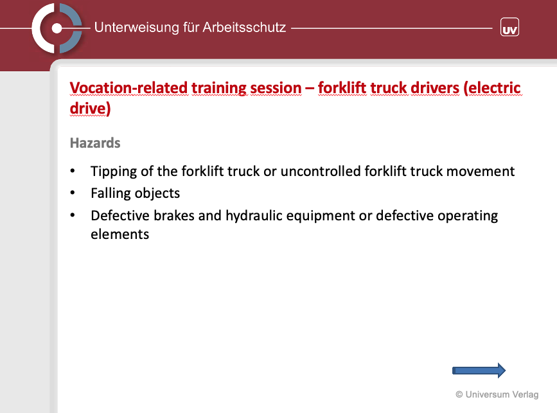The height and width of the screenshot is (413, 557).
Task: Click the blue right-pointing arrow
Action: coord(479,371)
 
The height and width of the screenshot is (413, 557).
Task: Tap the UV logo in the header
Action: coord(509,28)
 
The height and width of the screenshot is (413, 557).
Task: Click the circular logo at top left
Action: coord(57,28)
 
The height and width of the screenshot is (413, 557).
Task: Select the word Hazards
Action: coord(95,143)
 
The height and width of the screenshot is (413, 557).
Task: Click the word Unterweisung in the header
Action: coord(136,28)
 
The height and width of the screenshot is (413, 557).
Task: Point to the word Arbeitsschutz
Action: coord(244,28)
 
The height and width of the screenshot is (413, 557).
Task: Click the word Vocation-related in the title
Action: coord(128,88)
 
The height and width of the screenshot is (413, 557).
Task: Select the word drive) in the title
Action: coord(90,109)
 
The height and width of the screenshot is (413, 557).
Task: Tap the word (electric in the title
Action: coord(492,88)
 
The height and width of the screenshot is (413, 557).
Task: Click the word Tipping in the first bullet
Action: coord(114,171)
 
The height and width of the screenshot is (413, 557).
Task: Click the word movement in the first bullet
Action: coord(481,171)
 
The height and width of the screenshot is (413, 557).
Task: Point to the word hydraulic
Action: coord(254,216)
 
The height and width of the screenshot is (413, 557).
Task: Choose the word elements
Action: coord(119,234)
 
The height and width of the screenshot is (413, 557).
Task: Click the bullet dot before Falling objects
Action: coord(73,193)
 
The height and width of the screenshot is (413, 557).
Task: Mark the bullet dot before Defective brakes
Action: coord(73,215)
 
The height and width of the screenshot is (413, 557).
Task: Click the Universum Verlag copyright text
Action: coord(497,394)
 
